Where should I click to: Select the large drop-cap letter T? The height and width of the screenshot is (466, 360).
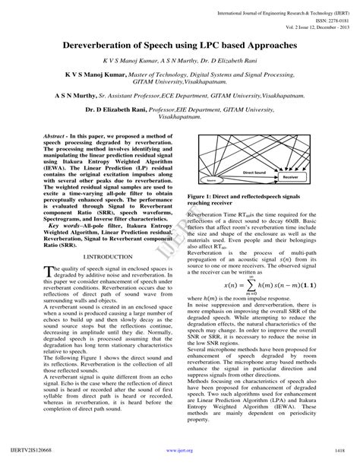coord(48,271)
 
